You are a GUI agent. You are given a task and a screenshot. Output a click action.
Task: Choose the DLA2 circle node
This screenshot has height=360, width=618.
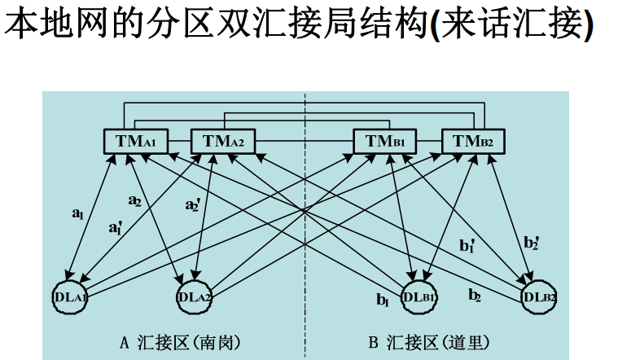(195, 296)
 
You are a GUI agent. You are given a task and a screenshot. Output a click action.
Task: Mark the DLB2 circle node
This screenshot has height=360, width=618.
(539, 296)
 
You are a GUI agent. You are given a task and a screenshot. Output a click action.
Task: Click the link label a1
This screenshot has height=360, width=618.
(77, 214)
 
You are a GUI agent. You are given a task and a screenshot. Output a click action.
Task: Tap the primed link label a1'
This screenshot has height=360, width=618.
(116, 229)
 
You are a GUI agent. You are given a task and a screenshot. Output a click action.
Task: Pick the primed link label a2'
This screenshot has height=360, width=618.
(192, 205)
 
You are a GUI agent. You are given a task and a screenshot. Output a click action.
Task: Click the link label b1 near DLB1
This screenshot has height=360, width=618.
(383, 300)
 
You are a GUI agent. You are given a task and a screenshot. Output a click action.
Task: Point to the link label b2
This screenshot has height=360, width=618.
(474, 295)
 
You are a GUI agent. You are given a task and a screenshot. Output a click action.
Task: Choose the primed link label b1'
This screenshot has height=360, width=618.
(466, 244)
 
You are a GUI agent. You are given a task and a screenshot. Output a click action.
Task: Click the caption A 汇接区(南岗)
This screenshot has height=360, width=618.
(180, 341)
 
